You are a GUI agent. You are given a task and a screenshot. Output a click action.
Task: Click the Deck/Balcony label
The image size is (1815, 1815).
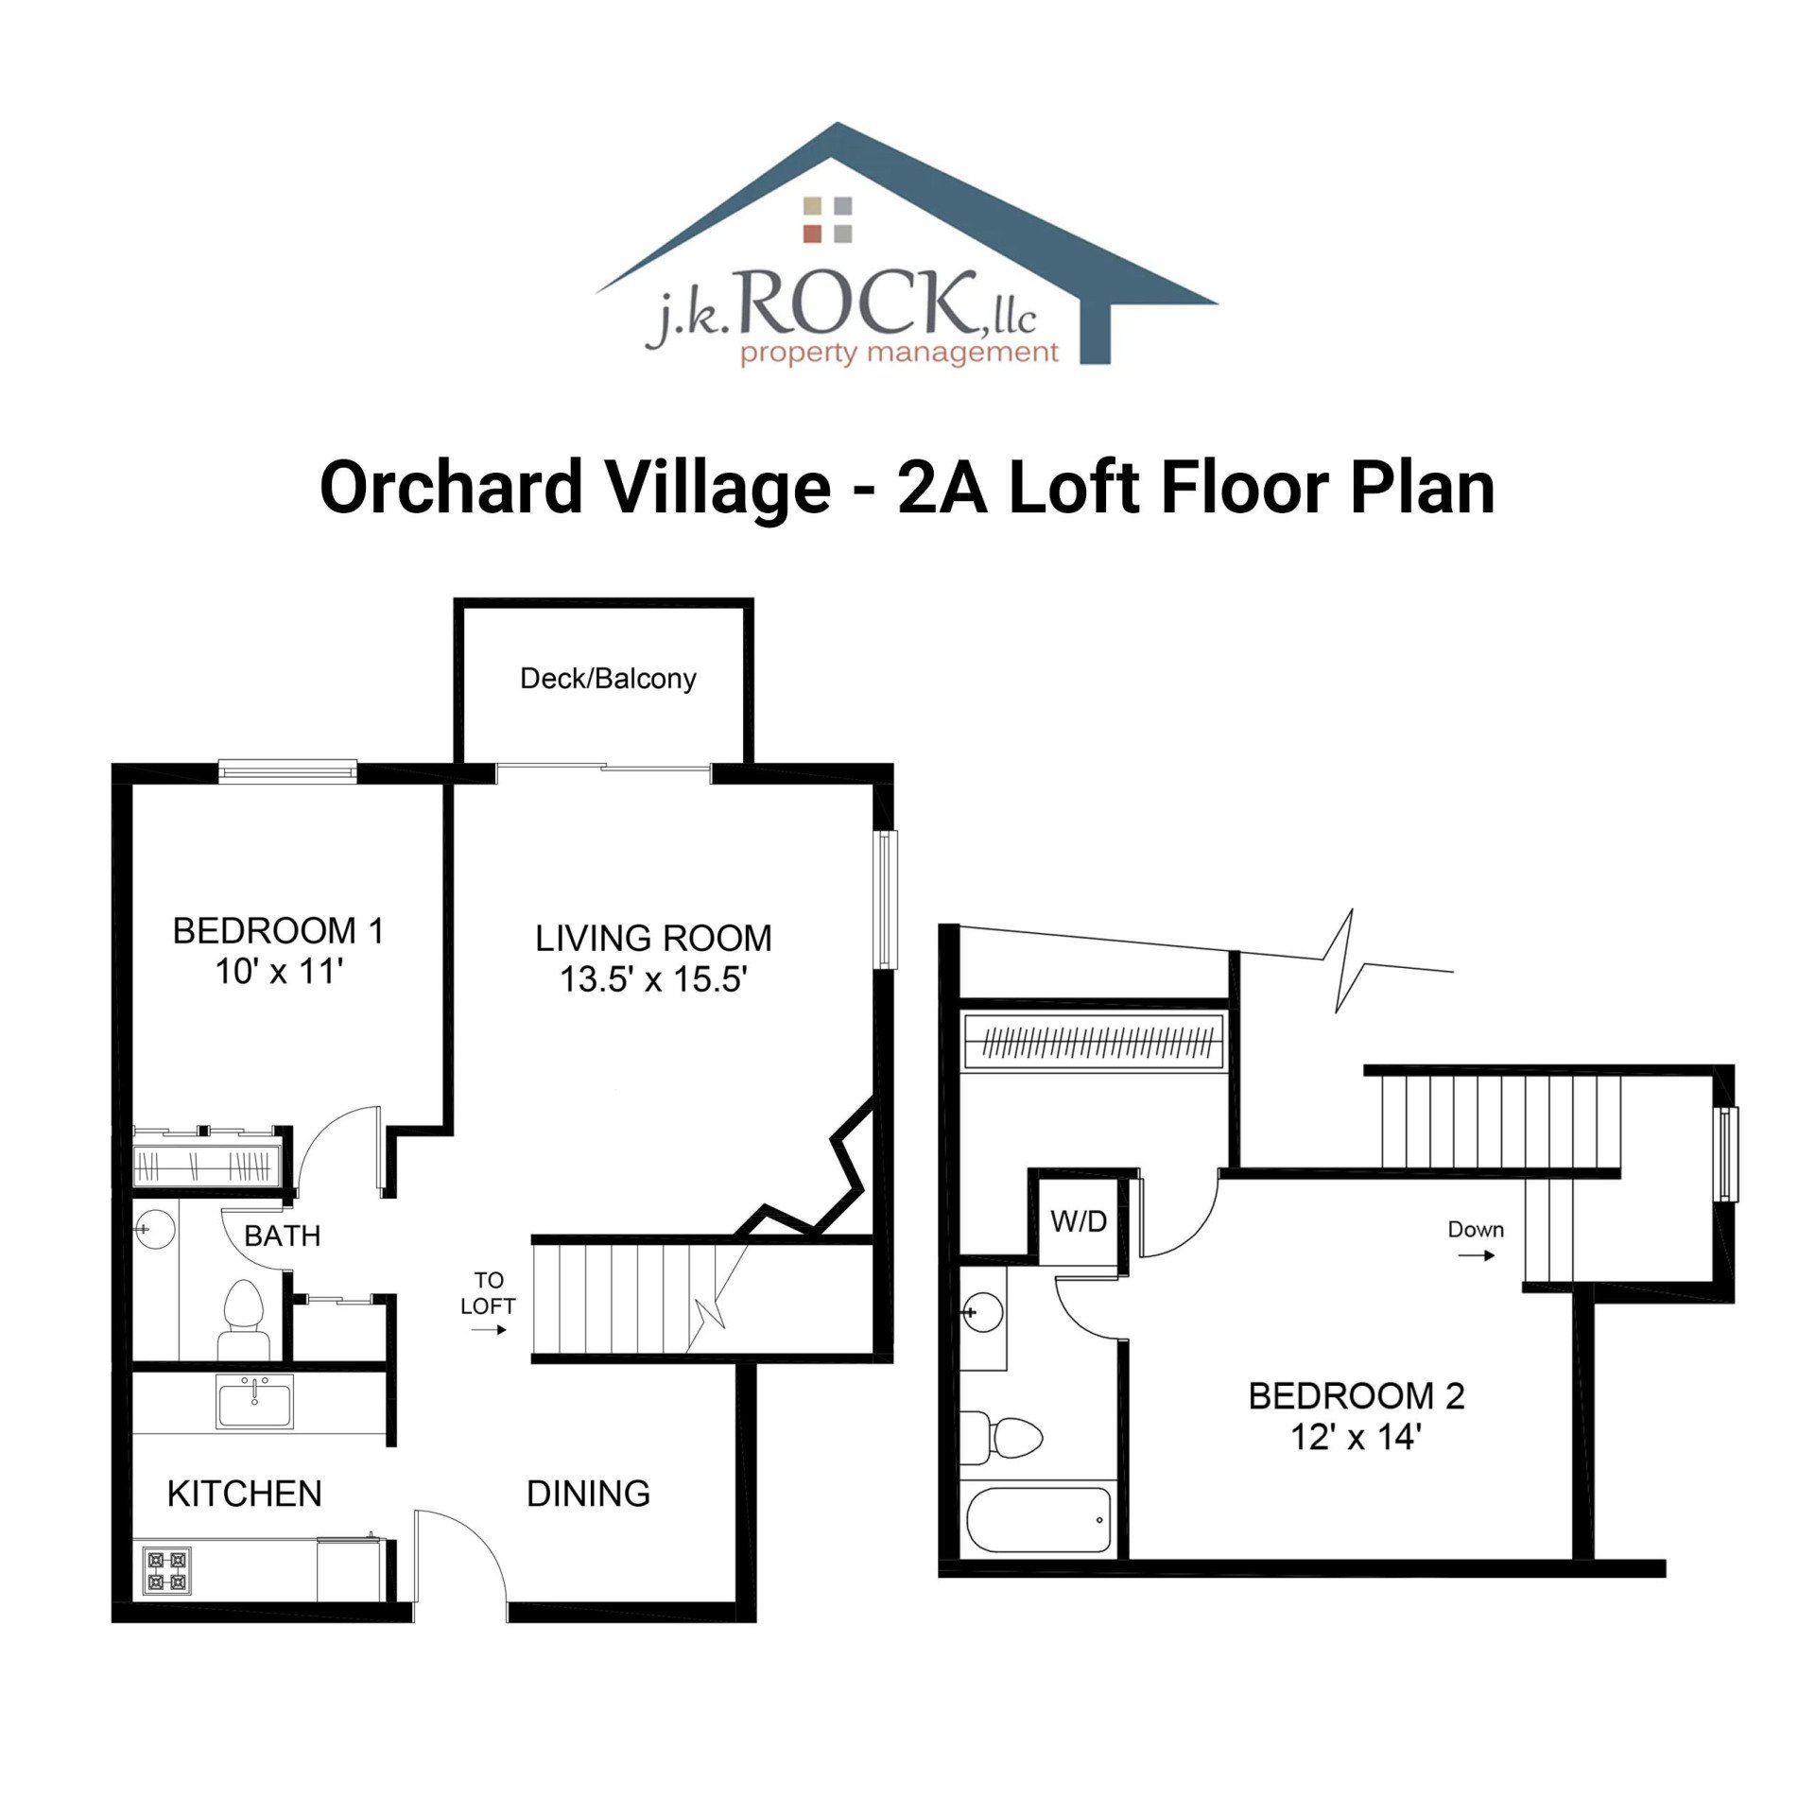point(608,679)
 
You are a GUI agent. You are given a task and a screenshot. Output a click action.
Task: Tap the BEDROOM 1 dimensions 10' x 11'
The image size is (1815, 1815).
point(277,972)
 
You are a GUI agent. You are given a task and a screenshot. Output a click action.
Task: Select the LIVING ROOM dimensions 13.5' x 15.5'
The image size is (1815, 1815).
point(653,979)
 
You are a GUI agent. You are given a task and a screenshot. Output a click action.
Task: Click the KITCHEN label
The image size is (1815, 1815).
point(244,1495)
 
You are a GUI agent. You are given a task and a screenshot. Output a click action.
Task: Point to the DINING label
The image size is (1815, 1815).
point(588,1495)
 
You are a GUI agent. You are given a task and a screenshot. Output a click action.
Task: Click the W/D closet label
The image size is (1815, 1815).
point(1079,1222)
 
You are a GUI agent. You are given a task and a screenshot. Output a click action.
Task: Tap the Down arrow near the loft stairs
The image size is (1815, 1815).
point(1476,1255)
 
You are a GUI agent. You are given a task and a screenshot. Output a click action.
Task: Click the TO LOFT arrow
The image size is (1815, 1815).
point(489,1330)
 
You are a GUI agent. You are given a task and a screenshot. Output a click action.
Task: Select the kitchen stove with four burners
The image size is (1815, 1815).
point(167,1571)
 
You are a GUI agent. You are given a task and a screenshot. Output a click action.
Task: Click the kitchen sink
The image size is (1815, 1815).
point(254,1402)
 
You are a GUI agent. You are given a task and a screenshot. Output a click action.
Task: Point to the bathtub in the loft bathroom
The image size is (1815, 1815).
point(1039,1520)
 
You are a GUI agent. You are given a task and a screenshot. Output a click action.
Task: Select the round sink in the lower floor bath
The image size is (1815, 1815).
point(155,1228)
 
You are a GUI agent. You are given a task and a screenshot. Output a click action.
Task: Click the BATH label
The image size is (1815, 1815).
point(282,1236)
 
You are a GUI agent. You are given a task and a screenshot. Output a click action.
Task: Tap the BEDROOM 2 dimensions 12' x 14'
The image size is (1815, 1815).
point(1356,1438)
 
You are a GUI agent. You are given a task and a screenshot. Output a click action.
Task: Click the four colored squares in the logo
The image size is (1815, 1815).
point(827,219)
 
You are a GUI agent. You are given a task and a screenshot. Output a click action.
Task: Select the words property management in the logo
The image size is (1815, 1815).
point(898,354)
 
